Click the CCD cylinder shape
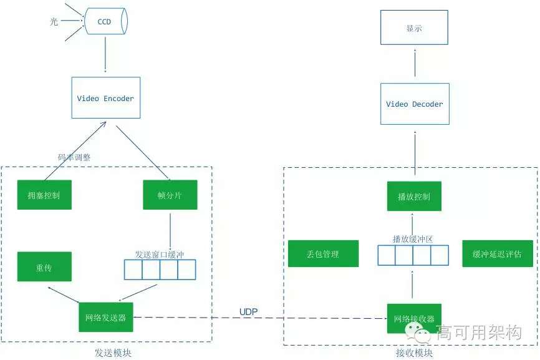click(105, 22)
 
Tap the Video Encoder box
click(105, 98)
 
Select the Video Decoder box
click(414, 104)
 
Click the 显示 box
click(414, 28)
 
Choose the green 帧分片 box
click(170, 195)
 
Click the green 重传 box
click(44, 266)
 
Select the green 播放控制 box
click(414, 197)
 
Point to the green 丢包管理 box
click(323, 254)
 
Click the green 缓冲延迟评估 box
click(497, 254)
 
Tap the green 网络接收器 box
click(414, 319)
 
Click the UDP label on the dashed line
click(249, 311)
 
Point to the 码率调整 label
click(74, 158)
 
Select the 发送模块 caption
click(112, 353)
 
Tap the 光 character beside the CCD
click(54, 22)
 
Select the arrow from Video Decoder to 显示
click(414, 64)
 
